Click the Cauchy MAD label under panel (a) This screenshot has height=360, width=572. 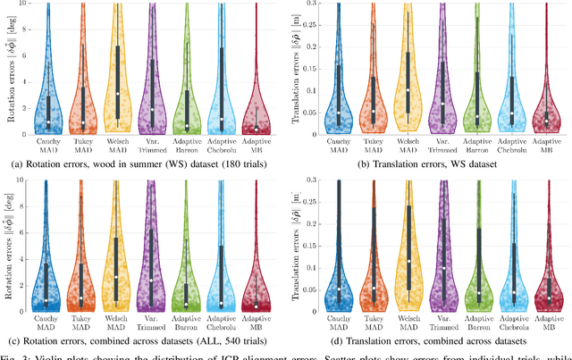[48, 144]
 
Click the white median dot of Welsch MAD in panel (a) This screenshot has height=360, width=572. [118, 93]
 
